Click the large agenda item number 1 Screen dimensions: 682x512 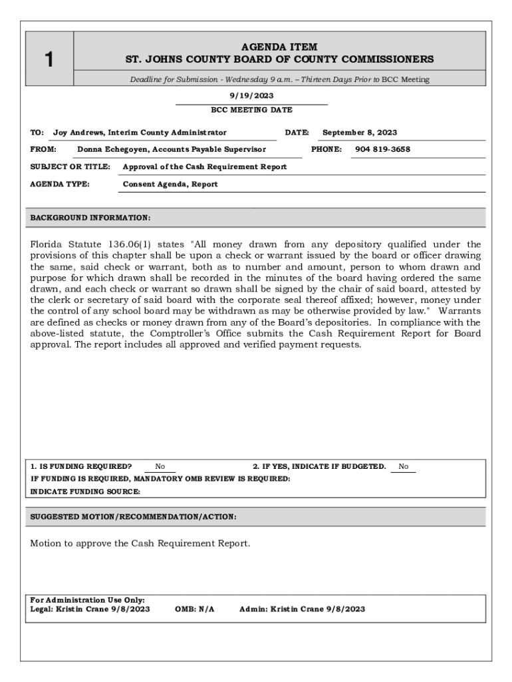tap(49, 60)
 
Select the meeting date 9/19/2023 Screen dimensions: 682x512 tap(251, 96)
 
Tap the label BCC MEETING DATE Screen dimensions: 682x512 tap(251, 110)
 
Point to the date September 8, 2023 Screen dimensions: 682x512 tap(360, 133)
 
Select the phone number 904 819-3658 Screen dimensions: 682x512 tap(383, 149)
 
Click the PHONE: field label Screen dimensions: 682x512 tap(326, 149)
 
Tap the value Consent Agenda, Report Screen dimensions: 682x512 tap(170, 184)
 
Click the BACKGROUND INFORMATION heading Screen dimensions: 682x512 tap(90, 218)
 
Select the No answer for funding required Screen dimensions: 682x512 tap(160, 467)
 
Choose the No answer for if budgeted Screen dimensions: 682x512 tap(404, 467)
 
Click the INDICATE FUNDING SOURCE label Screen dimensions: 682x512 tap(86, 492)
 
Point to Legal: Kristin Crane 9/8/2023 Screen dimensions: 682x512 tap(90, 609)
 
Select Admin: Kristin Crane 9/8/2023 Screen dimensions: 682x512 tap(302, 609)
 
